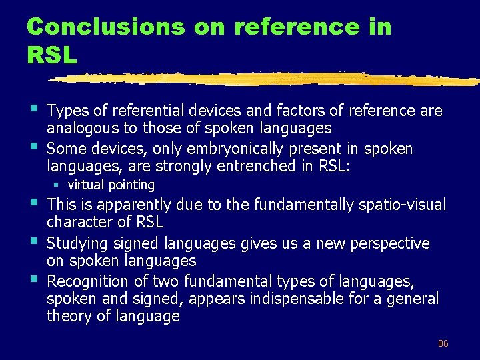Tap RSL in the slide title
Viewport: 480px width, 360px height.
click(x=52, y=55)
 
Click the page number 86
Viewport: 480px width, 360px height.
click(x=443, y=343)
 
